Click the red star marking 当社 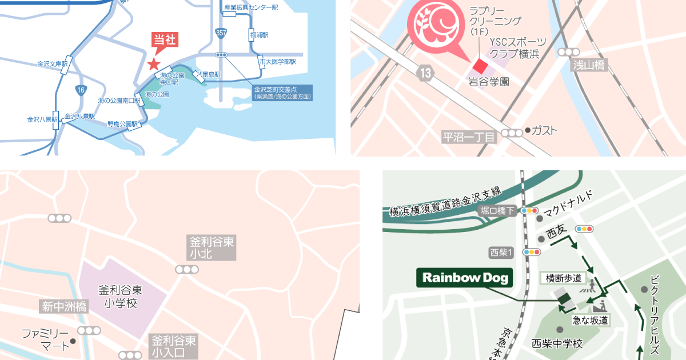[x=154, y=64]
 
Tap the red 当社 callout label [x=165, y=40]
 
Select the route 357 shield [x=221, y=33]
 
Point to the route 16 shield [x=81, y=89]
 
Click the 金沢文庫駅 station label [x=53, y=64]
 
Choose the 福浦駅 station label [x=259, y=35]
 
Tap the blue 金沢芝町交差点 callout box [x=283, y=93]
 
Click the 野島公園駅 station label [x=123, y=123]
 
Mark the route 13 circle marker [x=424, y=73]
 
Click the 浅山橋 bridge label [x=588, y=65]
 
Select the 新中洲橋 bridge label [x=64, y=306]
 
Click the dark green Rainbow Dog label [x=465, y=278]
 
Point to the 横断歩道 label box [x=564, y=278]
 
